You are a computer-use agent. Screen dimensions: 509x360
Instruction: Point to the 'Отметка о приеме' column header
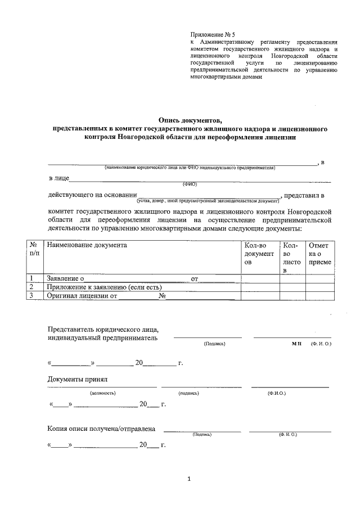click(x=319, y=254)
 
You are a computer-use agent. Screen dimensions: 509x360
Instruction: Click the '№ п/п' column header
click(x=34, y=250)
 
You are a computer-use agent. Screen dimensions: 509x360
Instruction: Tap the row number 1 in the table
click(x=33, y=278)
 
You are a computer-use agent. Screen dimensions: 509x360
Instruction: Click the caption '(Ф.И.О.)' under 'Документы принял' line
click(x=277, y=393)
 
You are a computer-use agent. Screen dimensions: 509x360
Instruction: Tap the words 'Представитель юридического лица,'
click(x=103, y=329)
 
